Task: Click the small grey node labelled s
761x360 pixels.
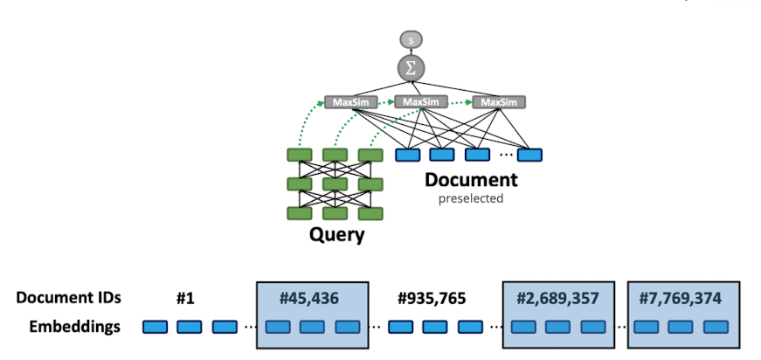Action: pyautogui.click(x=411, y=39)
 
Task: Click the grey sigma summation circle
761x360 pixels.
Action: pyautogui.click(x=411, y=67)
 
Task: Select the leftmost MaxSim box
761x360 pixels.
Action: pyautogui.click(x=349, y=102)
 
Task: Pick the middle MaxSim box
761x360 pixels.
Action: pyautogui.click(x=420, y=102)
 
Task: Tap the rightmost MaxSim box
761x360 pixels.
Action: pyautogui.click(x=498, y=102)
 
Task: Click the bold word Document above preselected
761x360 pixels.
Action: pyautogui.click(x=471, y=181)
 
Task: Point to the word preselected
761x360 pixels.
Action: pyautogui.click(x=471, y=198)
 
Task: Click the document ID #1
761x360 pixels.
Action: pyautogui.click(x=184, y=298)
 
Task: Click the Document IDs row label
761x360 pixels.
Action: pyautogui.click(x=67, y=298)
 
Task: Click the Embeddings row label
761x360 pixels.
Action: pyautogui.click(x=74, y=327)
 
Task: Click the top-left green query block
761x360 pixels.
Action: pyautogui.click(x=300, y=156)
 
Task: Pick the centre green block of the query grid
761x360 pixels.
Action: pyautogui.click(x=336, y=184)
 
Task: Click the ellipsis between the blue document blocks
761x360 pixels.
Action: pyautogui.click(x=505, y=156)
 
